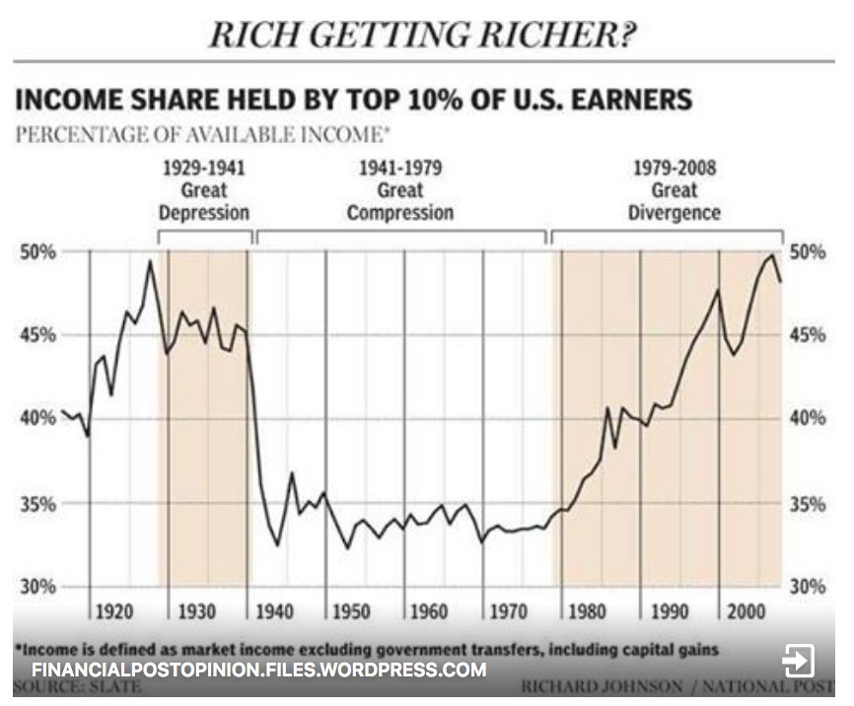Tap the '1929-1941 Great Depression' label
pos(205,189)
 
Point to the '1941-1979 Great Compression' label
pos(400,189)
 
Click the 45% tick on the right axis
pos(808,336)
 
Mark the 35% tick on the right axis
pos(808,504)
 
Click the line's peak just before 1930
pos(150,261)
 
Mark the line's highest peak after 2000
pos(771,255)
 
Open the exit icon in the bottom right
pos(798,660)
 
